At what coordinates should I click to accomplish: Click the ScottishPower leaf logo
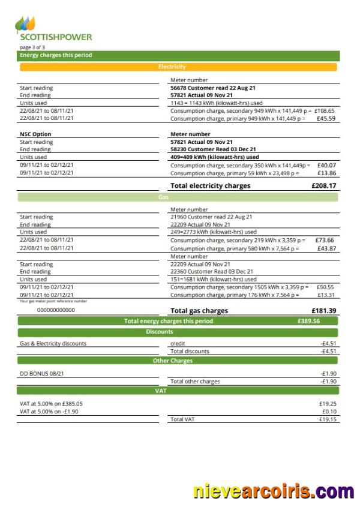point(25,25)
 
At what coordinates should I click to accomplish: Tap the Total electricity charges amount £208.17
point(324,186)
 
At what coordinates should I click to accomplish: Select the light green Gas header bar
point(178,197)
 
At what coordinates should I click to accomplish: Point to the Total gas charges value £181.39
point(324,311)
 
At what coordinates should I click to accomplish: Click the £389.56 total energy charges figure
point(308,321)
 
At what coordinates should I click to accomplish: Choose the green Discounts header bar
point(178,332)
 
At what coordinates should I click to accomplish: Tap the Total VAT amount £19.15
point(328,419)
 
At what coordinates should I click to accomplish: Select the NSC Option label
point(35,134)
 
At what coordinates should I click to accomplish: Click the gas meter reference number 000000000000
point(56,310)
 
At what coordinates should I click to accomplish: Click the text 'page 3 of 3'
point(32,47)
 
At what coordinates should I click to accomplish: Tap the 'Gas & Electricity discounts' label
point(53,344)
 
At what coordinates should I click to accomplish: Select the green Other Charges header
point(178,361)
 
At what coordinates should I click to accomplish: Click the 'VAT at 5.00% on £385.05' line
point(51,404)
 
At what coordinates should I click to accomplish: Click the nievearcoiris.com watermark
point(274,492)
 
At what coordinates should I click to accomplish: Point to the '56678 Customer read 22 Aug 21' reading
point(213,88)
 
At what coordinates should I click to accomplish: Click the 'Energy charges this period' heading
point(56,55)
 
